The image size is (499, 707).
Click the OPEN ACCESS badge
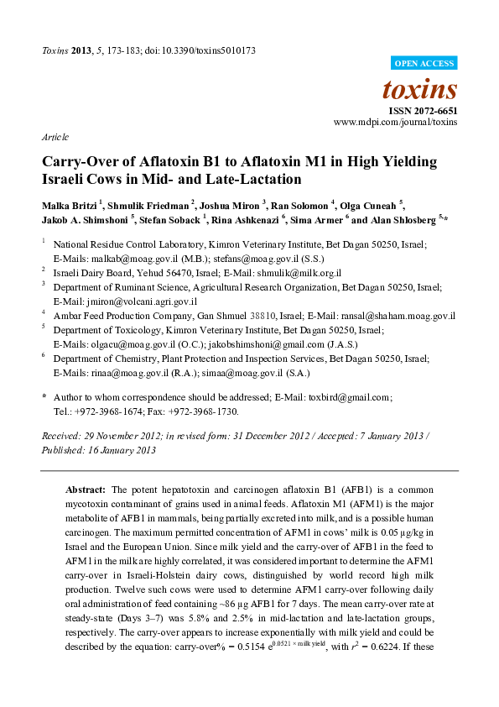(424, 63)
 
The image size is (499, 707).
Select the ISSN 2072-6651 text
(423, 110)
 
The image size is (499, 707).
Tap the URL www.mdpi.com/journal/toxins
(396, 122)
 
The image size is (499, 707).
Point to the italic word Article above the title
(55, 137)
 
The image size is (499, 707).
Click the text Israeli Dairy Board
(90, 273)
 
